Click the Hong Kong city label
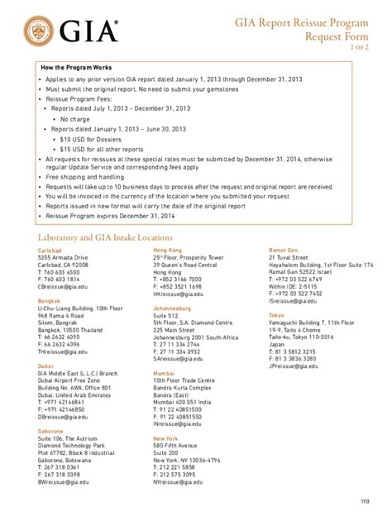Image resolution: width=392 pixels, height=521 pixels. pos(167,250)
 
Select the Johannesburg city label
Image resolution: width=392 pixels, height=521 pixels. pos(173,308)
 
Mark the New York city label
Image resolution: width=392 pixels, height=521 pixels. pos(166,438)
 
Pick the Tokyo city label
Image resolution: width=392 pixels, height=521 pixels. pos(276,315)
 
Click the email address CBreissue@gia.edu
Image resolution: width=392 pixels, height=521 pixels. pos(61,287)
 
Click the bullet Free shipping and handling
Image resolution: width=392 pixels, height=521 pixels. pos(85,177)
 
